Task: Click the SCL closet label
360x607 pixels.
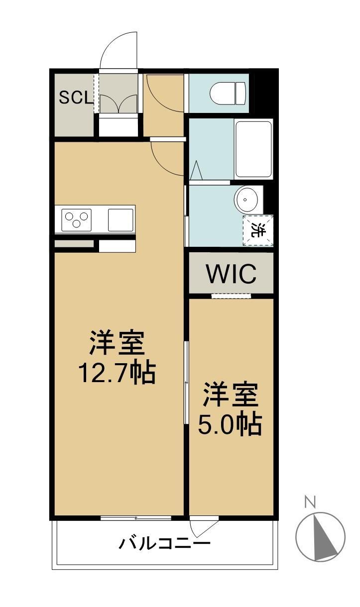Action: point(76,98)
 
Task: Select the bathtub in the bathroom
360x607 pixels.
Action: point(253,148)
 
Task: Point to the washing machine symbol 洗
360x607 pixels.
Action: point(258,230)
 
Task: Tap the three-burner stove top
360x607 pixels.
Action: point(77,219)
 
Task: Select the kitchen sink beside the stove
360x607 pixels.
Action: point(121,219)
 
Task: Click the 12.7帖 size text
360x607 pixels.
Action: point(117,373)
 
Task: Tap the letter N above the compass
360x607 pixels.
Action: point(310,502)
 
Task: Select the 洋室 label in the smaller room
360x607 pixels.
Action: point(230,396)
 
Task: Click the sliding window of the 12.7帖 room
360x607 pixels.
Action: point(135,518)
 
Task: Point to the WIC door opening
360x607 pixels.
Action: point(231,296)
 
